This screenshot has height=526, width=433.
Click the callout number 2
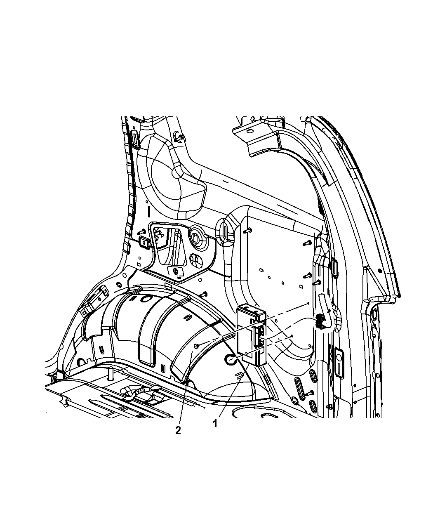178,430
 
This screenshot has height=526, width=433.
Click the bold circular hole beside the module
231,360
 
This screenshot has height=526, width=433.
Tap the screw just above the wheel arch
204,294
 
